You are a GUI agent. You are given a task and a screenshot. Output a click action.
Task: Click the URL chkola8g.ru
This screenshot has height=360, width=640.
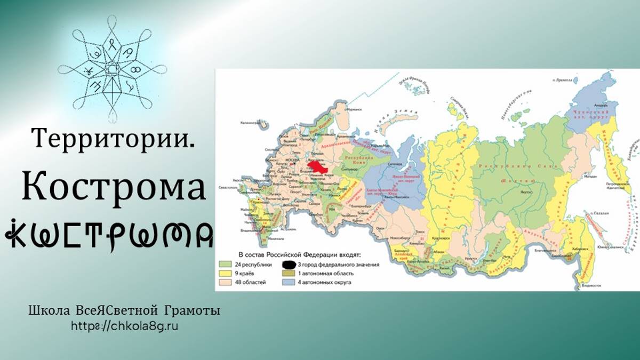tap(124, 325)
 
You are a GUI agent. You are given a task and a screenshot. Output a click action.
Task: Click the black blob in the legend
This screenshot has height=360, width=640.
tap(289, 264)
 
